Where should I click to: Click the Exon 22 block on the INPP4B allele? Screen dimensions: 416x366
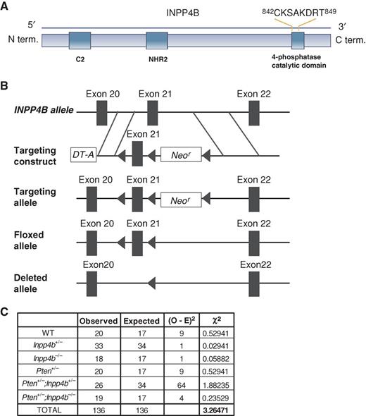click(x=254, y=112)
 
